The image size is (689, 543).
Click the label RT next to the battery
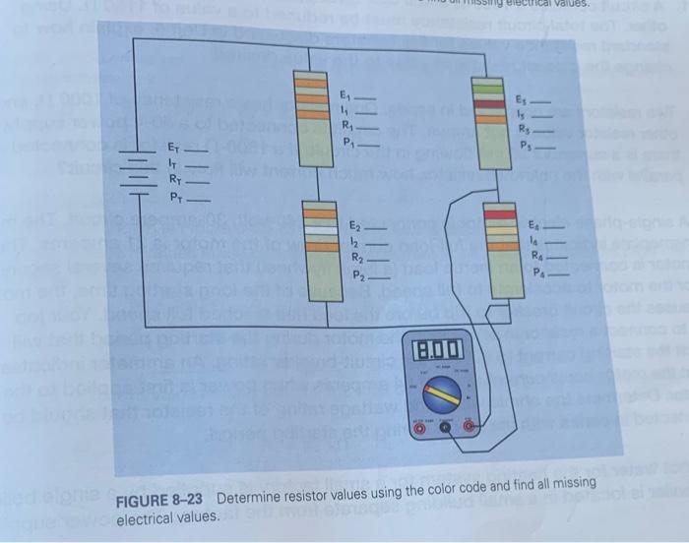(x=175, y=179)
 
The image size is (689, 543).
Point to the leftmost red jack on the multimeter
(x=416, y=427)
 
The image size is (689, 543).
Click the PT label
(x=175, y=196)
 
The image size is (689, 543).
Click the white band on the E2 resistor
(x=321, y=225)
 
